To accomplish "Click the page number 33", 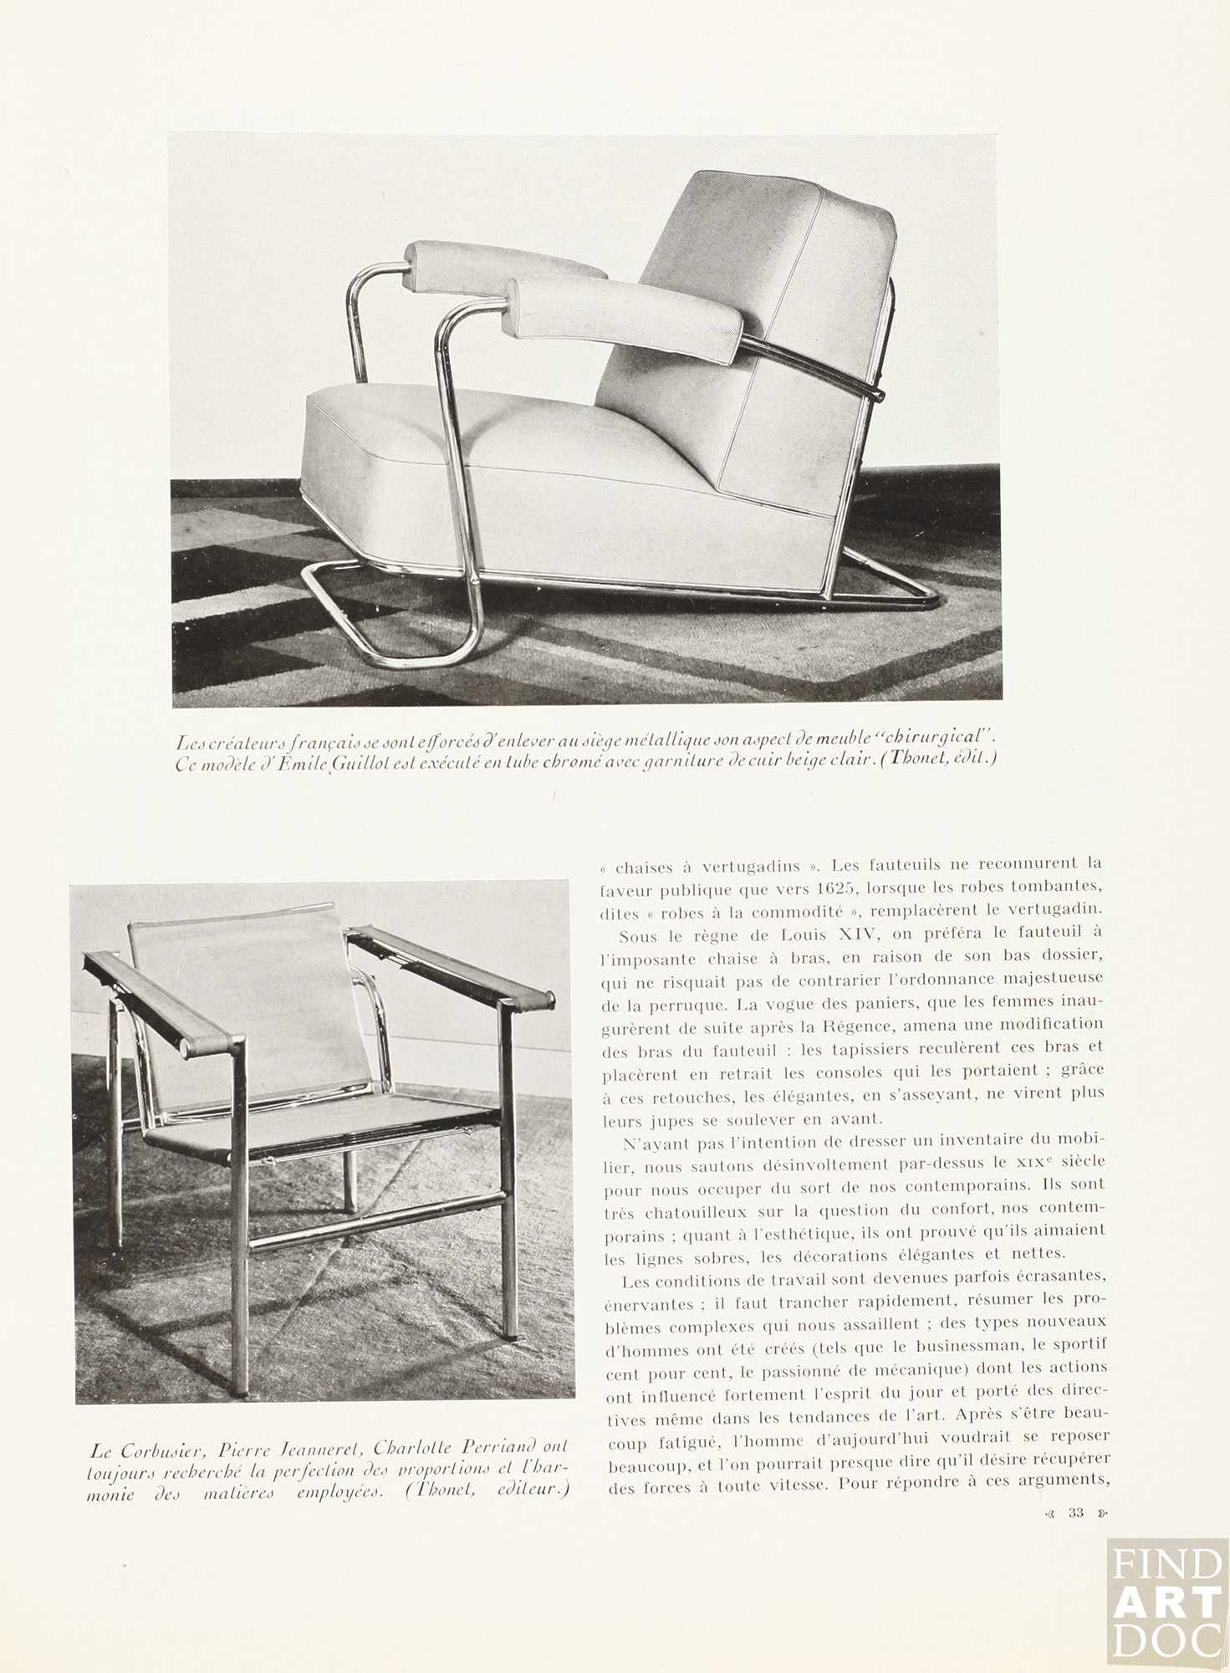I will (1075, 1512).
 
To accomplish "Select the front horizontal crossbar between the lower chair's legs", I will (376, 1223).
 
